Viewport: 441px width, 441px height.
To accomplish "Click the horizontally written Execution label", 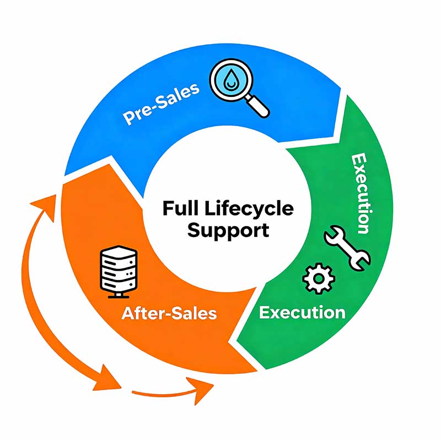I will tap(302, 313).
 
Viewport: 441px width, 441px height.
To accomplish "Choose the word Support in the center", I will tap(228, 230).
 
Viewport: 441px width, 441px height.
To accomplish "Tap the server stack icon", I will tap(116, 270).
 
